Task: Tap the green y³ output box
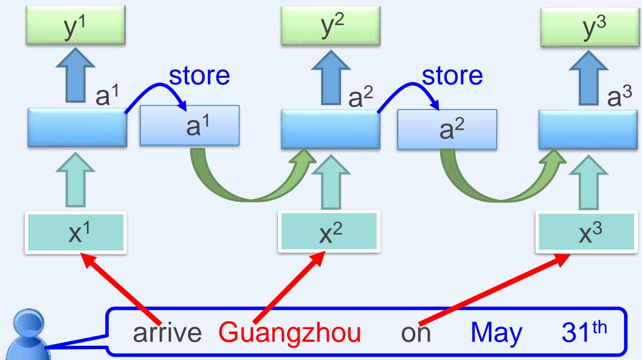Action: [590, 26]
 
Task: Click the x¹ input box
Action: [75, 232]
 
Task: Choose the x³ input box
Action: [588, 232]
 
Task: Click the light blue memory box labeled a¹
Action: [190, 125]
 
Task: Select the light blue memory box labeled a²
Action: [447, 129]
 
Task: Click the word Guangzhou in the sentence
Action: [290, 333]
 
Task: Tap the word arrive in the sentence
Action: [167, 333]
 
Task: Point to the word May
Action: [496, 333]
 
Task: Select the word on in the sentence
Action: [415, 333]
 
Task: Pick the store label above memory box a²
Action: [452, 76]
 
